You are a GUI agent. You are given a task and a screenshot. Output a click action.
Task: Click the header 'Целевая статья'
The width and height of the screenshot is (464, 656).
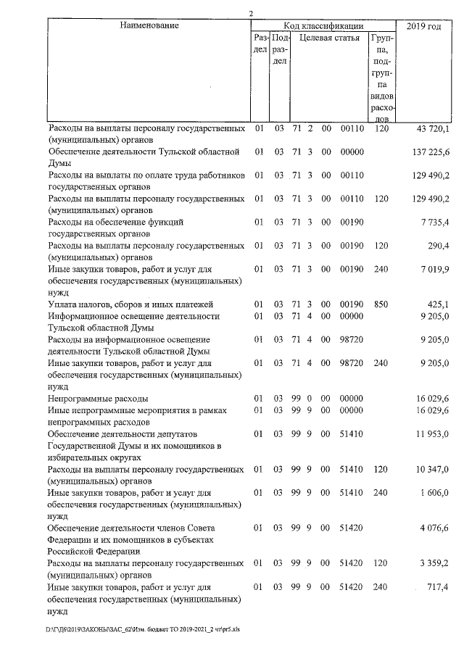tap(329, 38)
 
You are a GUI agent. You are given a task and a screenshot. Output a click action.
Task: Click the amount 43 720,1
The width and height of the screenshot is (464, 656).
tap(433, 128)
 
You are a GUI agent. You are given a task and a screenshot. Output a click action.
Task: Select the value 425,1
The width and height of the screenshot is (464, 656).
tap(439, 304)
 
